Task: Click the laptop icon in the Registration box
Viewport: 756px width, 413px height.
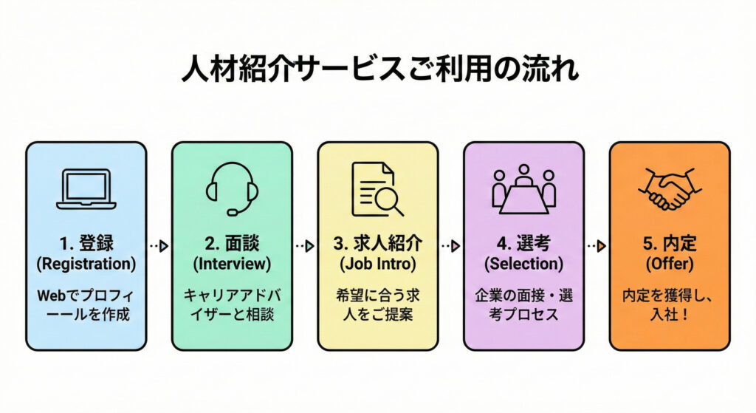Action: click(x=86, y=190)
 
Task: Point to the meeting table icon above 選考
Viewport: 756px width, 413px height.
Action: click(x=523, y=189)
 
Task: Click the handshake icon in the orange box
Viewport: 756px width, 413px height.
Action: click(x=670, y=189)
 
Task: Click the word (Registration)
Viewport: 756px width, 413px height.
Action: click(x=86, y=263)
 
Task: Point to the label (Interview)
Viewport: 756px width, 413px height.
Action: click(x=232, y=263)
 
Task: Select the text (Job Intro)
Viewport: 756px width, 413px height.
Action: click(x=377, y=263)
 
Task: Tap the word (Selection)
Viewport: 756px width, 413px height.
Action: click(x=523, y=263)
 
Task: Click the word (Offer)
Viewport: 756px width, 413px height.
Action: click(x=670, y=263)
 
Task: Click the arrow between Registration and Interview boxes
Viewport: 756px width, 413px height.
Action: click(x=159, y=245)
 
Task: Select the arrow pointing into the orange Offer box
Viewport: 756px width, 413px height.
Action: click(x=597, y=245)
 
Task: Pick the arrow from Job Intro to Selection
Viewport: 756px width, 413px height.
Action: click(x=450, y=245)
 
